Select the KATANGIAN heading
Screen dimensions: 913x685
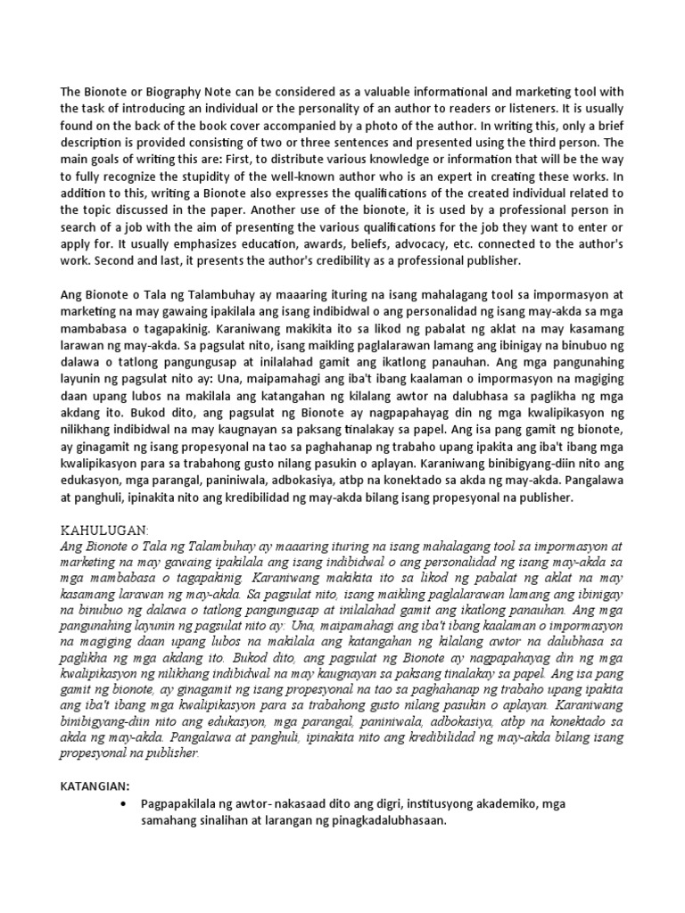point(95,786)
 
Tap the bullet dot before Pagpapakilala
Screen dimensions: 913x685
point(121,804)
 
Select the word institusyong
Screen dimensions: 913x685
point(458,804)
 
